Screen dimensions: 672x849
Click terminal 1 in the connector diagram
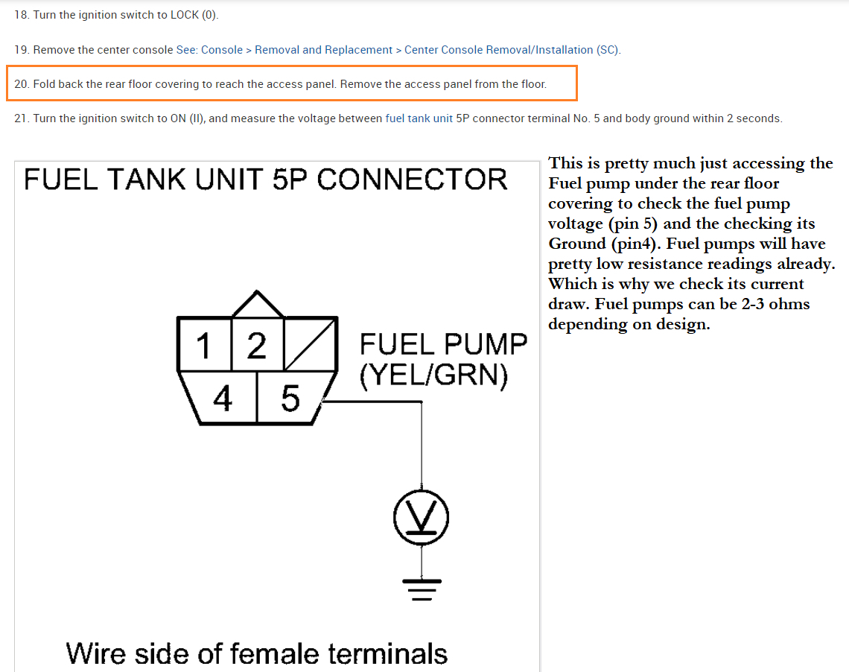203,345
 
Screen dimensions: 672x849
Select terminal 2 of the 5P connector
257,345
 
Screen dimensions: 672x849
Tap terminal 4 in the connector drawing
223,399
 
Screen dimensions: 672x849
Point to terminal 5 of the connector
290,399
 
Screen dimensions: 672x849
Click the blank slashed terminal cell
311,343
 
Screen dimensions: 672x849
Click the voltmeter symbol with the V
422,516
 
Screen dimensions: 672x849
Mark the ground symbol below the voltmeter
422,588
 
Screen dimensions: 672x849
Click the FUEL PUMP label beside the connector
442,344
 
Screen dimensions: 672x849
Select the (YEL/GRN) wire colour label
433,375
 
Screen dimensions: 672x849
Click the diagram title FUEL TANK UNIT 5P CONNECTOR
266,180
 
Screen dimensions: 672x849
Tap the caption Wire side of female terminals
257,653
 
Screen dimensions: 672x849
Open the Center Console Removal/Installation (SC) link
512,50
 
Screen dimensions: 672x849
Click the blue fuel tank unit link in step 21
419,118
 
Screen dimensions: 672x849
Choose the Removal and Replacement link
323,50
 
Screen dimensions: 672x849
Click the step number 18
21,15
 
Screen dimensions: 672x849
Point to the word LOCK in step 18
185,15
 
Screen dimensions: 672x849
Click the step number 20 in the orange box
22,84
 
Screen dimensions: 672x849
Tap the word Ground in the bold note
577,244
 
